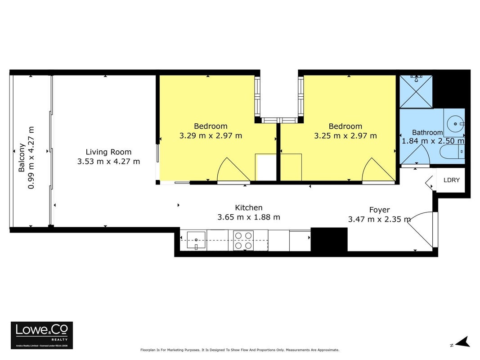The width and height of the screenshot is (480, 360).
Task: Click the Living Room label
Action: pyautogui.click(x=108, y=152)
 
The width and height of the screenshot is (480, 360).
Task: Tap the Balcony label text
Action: pyautogui.click(x=22, y=157)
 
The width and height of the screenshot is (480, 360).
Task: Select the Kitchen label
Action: pyautogui.click(x=249, y=207)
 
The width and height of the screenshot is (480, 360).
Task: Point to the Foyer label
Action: pyautogui.click(x=379, y=210)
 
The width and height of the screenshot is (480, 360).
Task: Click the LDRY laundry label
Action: pyautogui.click(x=452, y=180)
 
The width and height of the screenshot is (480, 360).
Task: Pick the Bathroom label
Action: pyautogui.click(x=427, y=133)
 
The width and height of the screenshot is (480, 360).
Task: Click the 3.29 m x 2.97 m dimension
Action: pyautogui.click(x=211, y=135)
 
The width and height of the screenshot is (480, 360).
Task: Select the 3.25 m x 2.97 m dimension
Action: pyautogui.click(x=345, y=135)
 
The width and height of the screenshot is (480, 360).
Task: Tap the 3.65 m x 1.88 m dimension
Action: pyautogui.click(x=249, y=217)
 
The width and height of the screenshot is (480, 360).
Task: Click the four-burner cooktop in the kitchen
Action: pyautogui.click(x=243, y=240)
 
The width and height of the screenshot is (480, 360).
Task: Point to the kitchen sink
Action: pyautogui.click(x=196, y=240)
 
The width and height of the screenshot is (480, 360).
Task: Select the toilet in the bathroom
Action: pyautogui.click(x=452, y=152)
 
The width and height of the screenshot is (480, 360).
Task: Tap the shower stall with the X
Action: pyautogui.click(x=416, y=91)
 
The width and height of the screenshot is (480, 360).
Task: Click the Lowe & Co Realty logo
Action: pyautogui.click(x=42, y=335)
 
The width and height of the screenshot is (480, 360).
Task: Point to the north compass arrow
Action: pyautogui.click(x=463, y=342)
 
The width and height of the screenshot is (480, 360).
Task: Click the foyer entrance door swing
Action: pyautogui.click(x=421, y=229)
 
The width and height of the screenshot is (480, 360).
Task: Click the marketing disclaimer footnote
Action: pyautogui.click(x=240, y=350)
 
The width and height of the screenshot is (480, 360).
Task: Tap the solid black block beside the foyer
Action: pyautogui.click(x=329, y=239)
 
